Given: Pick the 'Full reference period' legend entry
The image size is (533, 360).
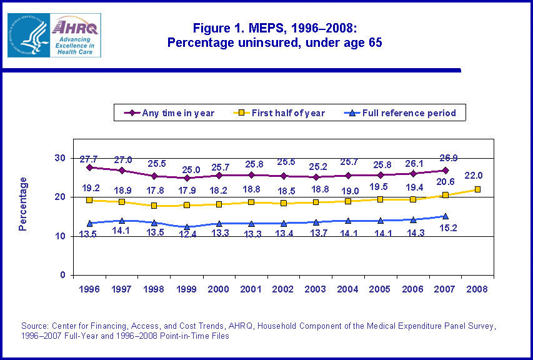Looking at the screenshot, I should pos(400,113).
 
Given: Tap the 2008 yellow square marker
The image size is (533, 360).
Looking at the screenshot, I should pos(477,189).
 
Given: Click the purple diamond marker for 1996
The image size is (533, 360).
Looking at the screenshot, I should pos(90,167).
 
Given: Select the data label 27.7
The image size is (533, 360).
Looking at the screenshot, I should pos(89,156).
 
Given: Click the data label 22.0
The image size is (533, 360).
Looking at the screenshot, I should pos(477,176).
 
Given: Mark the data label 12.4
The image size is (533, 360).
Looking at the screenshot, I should pos(187,235).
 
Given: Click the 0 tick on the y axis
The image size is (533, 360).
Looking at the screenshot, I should pos(62,276).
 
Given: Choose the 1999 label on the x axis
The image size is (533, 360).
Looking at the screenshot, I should pos(187,289).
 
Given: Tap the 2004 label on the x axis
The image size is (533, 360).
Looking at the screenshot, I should pos(348,289).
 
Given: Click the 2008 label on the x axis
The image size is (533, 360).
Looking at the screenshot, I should pos(477,289).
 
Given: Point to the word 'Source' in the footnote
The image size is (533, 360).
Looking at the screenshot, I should pos(35,326).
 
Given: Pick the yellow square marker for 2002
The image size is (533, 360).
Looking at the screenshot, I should pos(284,203).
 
